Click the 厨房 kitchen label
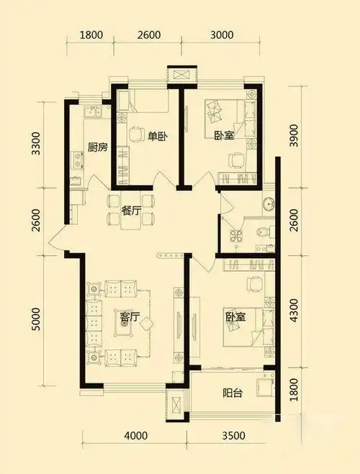[x=97, y=148]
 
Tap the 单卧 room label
[x=157, y=137]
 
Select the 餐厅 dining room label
[x=131, y=211]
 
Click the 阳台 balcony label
[x=233, y=393]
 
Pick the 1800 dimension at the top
[x=91, y=35]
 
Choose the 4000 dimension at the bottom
[x=136, y=436]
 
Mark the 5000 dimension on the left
[x=36, y=319]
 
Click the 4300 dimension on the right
[x=293, y=310]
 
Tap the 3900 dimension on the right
[x=293, y=135]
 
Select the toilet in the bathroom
[x=264, y=232]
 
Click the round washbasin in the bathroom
[x=268, y=204]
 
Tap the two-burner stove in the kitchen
[x=77, y=160]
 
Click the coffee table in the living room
[x=124, y=324]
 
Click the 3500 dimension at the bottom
[x=233, y=436]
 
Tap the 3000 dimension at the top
[x=222, y=35]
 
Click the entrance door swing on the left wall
[x=57, y=238]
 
